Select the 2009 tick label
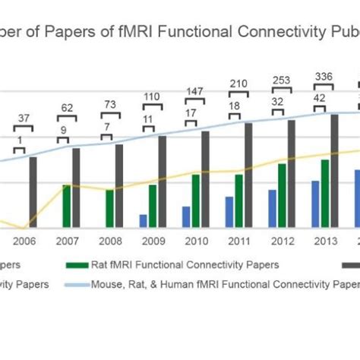[x=153, y=241]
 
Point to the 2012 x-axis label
[x=283, y=241]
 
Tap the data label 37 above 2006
[x=26, y=118]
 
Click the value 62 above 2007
[x=67, y=109]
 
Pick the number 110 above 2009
[x=153, y=97]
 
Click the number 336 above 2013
[x=324, y=76]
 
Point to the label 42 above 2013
[x=321, y=97]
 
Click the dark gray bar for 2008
[x=119, y=185]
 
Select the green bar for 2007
[x=67, y=206]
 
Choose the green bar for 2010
[x=196, y=201]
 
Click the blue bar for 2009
[x=143, y=220]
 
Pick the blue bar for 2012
[x=272, y=208]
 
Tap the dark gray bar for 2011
[x=248, y=175]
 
